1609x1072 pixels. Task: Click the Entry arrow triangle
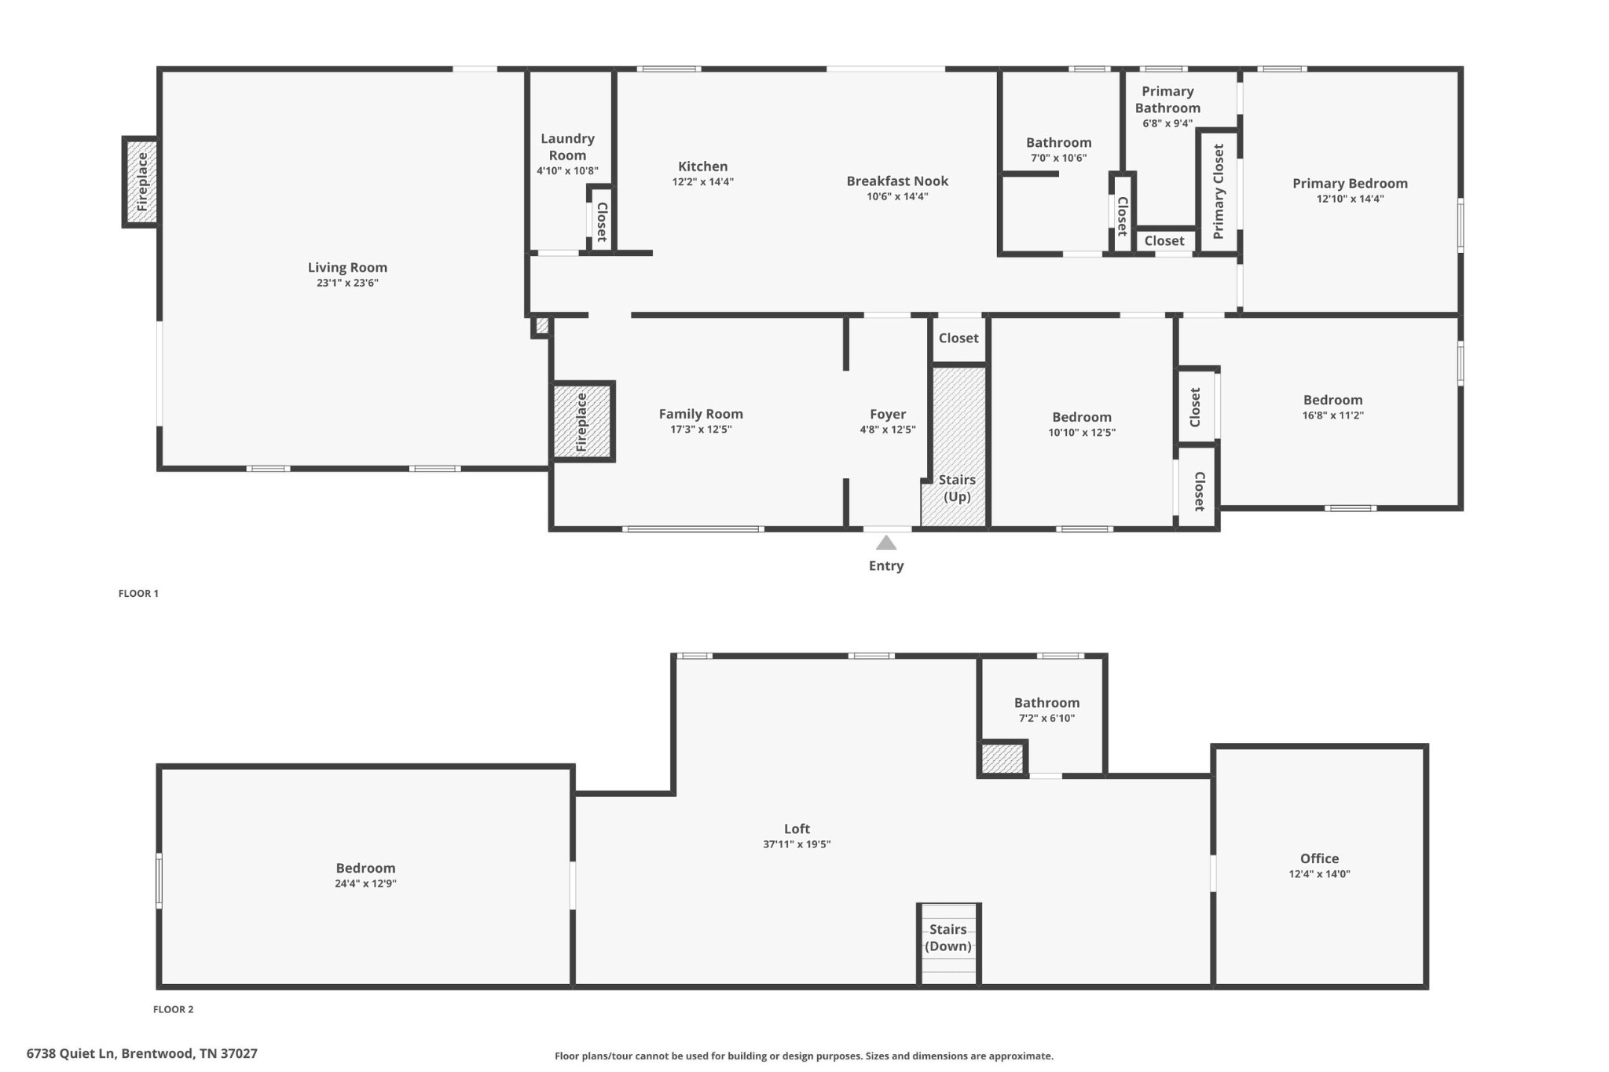[x=886, y=543]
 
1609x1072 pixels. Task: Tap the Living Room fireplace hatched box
[x=141, y=181]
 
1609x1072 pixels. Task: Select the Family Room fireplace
[x=581, y=422]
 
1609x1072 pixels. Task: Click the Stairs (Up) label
[x=957, y=488]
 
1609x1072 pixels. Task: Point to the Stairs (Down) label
[x=948, y=938]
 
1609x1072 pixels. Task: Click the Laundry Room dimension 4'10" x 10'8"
[x=567, y=170]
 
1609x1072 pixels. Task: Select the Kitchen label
[x=703, y=166]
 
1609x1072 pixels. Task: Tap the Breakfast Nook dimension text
[x=897, y=196]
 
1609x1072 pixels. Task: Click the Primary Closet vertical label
[x=1219, y=191]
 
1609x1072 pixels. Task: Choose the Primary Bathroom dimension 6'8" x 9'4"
[x=1167, y=123]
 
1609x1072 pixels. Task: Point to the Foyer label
[x=888, y=414]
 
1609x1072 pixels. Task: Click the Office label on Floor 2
[x=1319, y=858]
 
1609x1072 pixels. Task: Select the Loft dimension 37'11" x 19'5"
[x=797, y=844]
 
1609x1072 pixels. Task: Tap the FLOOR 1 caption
[x=138, y=594]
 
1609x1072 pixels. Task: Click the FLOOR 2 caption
[x=173, y=1009]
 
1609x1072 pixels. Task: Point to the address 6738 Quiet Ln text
[x=71, y=1053]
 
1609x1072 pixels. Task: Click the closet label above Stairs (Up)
[x=958, y=338]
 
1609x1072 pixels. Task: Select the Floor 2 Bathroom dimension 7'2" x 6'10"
[x=1046, y=718]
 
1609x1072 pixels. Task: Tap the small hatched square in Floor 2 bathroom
[x=1002, y=759]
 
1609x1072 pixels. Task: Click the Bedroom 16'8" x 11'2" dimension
[x=1332, y=415]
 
